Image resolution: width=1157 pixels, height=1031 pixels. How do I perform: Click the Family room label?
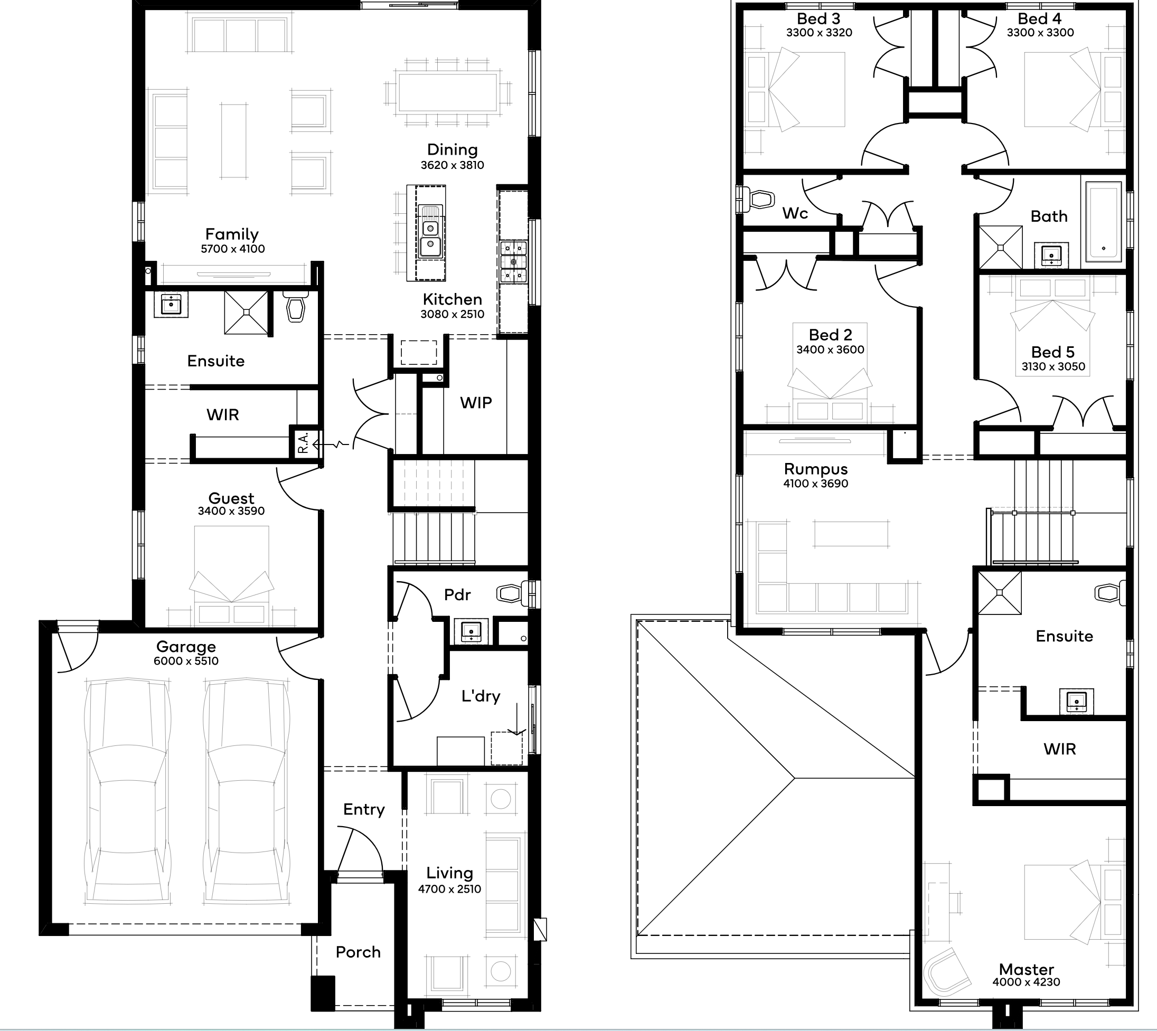[x=232, y=233]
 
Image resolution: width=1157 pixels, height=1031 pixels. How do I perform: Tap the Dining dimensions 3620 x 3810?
[x=452, y=165]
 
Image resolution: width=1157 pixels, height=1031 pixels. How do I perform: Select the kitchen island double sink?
[x=430, y=232]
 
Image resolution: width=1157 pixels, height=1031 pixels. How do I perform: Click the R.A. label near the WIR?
[x=303, y=442]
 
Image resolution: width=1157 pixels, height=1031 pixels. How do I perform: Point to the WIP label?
[x=476, y=403]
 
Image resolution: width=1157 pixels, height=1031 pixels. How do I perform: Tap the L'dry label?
[x=481, y=696]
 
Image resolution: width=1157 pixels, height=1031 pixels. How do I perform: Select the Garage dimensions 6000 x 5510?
[x=186, y=661]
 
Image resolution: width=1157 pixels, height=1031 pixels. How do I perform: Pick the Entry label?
[x=364, y=809]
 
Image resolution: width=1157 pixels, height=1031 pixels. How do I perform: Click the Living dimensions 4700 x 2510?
[x=449, y=890]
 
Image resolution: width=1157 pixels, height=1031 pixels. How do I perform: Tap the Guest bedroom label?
[x=231, y=498]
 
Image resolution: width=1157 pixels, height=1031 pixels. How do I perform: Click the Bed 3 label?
[x=819, y=19]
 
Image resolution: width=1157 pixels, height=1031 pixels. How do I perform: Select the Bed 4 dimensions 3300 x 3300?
[x=1040, y=33]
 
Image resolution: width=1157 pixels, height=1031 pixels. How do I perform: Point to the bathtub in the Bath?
[x=1104, y=222]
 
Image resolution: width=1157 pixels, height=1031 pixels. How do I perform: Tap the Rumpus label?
[x=816, y=469]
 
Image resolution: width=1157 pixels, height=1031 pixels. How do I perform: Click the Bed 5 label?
[x=1053, y=352]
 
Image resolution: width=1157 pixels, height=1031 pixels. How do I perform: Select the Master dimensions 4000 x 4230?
[x=1026, y=982]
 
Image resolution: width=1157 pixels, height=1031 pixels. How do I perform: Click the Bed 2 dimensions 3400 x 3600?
[x=831, y=350]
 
